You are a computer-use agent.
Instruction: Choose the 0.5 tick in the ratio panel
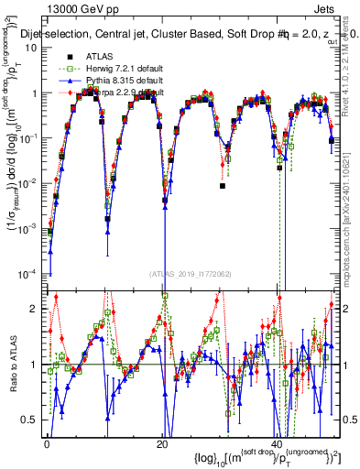pyautogui.click(x=35, y=419)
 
